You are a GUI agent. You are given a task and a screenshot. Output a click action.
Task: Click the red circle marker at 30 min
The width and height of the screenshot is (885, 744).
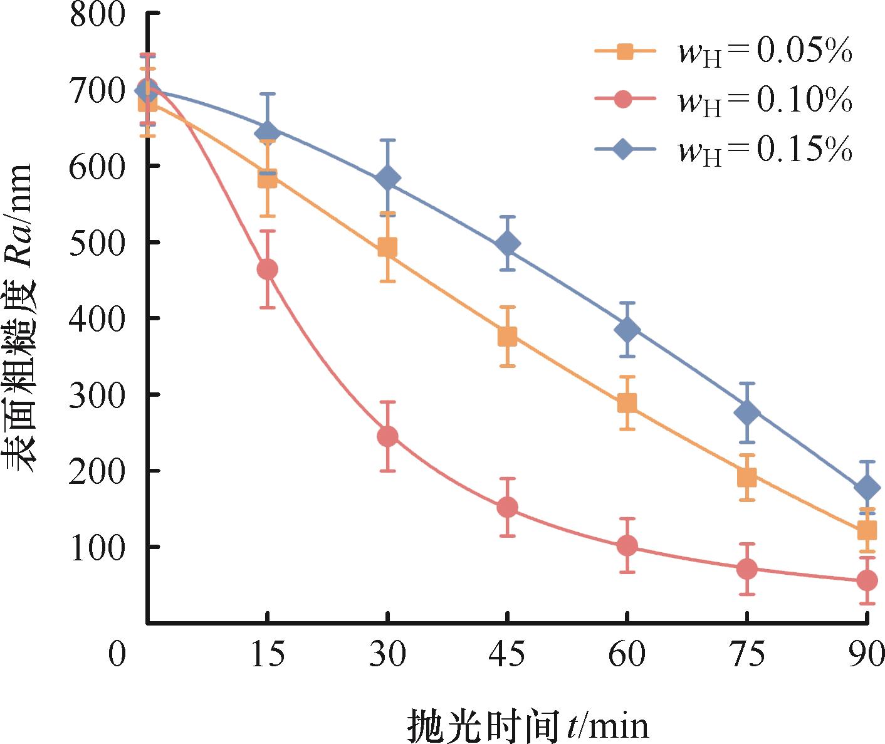387,436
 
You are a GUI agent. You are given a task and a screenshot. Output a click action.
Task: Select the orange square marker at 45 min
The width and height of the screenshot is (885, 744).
507,336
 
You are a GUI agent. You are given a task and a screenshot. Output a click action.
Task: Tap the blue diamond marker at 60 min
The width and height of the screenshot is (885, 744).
627,330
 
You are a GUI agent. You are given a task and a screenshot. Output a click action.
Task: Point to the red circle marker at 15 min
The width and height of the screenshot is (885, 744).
268,270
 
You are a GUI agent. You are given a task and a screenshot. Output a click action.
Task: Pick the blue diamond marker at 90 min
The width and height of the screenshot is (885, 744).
867,488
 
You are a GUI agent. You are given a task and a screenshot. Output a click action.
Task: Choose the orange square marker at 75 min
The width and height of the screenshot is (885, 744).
747,477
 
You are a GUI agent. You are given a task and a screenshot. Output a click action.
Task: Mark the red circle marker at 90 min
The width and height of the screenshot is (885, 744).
867,580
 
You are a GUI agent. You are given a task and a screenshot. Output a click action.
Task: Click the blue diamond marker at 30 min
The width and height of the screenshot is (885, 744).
387,179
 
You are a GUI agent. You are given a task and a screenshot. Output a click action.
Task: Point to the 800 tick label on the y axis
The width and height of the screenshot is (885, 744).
98,14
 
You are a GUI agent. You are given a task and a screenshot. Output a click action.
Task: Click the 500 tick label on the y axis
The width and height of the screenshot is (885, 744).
98,242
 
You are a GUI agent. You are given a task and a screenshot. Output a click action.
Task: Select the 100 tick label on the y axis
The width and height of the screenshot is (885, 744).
98,547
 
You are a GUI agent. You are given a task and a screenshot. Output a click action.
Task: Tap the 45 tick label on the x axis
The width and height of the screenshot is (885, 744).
507,655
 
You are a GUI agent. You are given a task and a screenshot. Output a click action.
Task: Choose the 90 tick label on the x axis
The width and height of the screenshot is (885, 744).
867,655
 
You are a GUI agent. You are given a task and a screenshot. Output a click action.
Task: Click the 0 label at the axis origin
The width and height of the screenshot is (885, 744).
117,655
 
